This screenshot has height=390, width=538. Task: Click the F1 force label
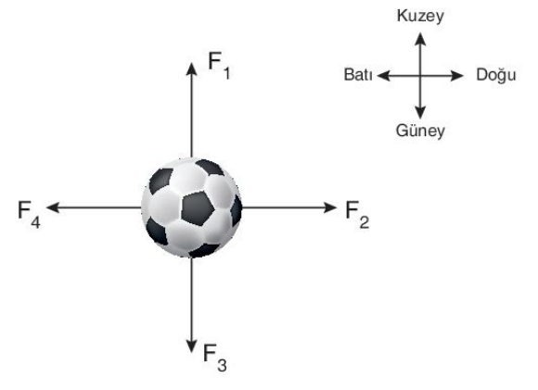219,66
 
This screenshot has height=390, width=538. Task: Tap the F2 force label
357,215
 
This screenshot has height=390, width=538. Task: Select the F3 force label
215,358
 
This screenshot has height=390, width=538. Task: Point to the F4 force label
29,215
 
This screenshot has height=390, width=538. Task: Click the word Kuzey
420,16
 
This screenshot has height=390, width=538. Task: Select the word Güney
420,131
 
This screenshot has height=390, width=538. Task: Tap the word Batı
358,75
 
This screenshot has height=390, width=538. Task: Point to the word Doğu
496,75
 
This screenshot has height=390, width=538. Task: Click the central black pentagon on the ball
198,208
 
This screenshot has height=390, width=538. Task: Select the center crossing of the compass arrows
420,76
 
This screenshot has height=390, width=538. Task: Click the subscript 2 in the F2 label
365,222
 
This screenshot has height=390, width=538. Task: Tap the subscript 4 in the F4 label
35,222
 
